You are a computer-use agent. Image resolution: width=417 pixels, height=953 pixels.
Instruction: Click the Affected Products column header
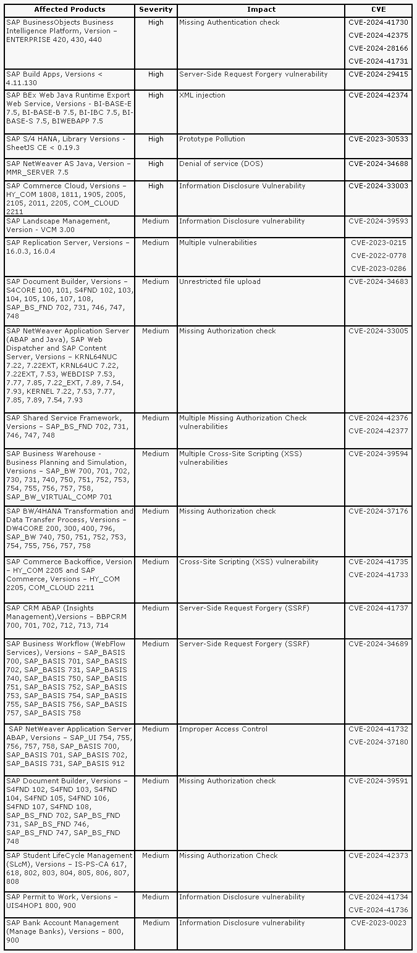pyautogui.click(x=69, y=9)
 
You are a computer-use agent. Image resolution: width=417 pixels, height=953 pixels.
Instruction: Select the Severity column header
pyautogui.click(x=156, y=9)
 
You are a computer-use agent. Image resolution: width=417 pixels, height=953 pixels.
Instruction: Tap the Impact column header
pyautogui.click(x=261, y=9)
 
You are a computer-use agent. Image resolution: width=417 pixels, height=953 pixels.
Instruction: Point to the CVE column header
pyautogui.click(x=378, y=9)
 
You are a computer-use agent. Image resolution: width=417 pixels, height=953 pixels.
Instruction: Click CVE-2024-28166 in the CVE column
pyautogui.click(x=378, y=48)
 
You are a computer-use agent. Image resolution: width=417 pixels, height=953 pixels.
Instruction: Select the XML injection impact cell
pyautogui.click(x=202, y=95)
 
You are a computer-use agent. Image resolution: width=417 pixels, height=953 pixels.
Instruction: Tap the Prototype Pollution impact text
pyautogui.click(x=212, y=139)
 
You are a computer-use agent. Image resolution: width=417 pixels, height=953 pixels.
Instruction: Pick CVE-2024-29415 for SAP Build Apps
pyautogui.click(x=378, y=74)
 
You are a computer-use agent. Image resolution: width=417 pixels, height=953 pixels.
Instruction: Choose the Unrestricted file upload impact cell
pyautogui.click(x=219, y=281)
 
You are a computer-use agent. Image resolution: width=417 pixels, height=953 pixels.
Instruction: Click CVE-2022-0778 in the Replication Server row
pyautogui.click(x=379, y=256)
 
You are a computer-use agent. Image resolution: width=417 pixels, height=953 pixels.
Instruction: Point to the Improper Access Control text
pyautogui.click(x=223, y=729)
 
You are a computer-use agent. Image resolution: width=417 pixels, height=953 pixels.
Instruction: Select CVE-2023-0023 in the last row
pyautogui.click(x=379, y=923)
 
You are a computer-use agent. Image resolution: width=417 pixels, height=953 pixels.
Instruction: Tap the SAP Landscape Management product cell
pyautogui.click(x=58, y=225)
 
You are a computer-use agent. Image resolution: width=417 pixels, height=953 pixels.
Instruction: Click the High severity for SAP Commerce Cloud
pyautogui.click(x=156, y=186)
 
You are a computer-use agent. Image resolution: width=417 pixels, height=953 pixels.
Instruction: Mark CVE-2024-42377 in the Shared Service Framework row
pyautogui.click(x=378, y=431)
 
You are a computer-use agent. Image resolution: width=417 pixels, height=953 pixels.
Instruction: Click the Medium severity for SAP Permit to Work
pyautogui.click(x=156, y=897)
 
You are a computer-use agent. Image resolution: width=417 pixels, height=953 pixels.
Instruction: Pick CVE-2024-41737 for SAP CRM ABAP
pyautogui.click(x=378, y=608)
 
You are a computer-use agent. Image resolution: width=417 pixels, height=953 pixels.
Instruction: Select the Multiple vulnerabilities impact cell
pyautogui.click(x=217, y=243)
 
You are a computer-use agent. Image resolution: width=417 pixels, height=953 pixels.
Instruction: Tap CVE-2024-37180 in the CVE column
pyautogui.click(x=378, y=742)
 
